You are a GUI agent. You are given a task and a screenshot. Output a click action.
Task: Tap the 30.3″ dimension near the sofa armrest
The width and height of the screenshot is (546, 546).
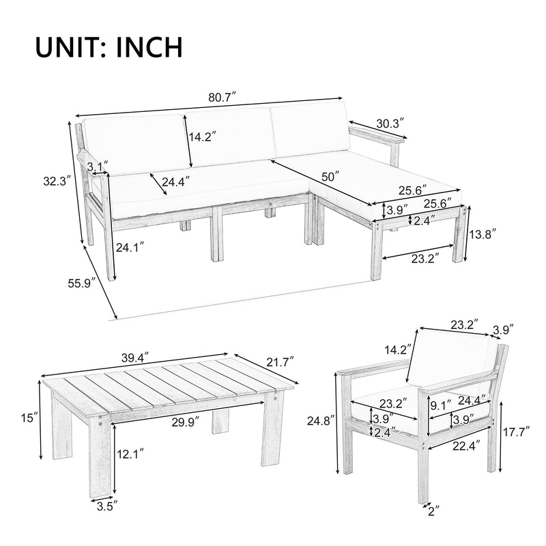[x=390, y=124]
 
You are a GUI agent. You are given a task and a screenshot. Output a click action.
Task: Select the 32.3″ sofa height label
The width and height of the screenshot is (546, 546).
[x=53, y=182]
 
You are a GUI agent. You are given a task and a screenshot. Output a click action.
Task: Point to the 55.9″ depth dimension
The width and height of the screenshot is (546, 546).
[x=81, y=281]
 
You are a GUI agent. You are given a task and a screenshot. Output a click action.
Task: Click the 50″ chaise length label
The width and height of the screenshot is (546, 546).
[x=330, y=176]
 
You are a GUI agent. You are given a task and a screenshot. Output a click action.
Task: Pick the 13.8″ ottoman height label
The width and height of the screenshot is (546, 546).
[x=482, y=233]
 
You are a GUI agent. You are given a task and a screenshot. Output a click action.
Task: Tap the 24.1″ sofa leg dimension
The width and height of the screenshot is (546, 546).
[x=130, y=248]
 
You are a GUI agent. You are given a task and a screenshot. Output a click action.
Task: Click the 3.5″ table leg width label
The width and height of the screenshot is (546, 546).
[x=104, y=506]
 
